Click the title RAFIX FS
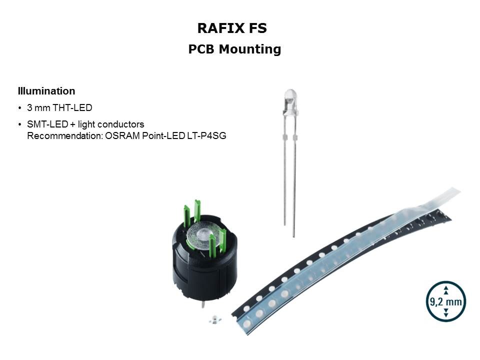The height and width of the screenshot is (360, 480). click(x=232, y=28)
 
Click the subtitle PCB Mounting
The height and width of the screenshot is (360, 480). click(x=234, y=49)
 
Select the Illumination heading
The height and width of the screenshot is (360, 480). click(x=46, y=91)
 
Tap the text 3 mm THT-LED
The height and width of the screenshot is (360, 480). click(x=59, y=108)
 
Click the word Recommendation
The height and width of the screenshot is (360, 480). click(x=64, y=135)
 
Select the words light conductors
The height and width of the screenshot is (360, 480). click(x=111, y=124)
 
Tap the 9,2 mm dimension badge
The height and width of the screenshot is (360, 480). click(x=445, y=301)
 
